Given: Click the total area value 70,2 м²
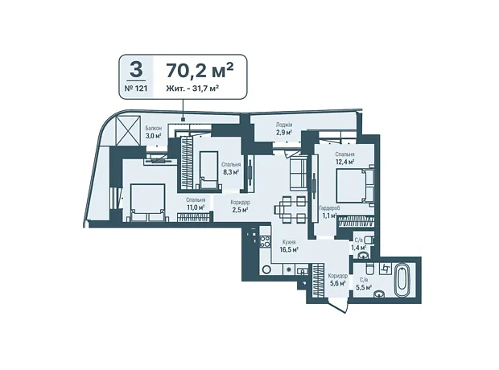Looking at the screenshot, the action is coord(200,70).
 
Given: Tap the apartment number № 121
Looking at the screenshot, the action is coord(136,88).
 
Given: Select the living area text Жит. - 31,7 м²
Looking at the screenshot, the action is coord(192,88).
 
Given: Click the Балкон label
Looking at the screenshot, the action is coord(154,128).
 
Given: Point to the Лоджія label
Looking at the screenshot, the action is coord(284,125).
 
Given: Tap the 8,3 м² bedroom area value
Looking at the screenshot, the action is coord(231,172).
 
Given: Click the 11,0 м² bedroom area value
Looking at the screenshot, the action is coord(196,208).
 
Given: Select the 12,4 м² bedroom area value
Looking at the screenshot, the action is coord(344,162).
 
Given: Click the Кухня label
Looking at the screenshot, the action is coord(289,242).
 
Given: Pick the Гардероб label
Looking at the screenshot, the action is coord(329,208).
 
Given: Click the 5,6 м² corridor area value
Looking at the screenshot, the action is coord(338,283).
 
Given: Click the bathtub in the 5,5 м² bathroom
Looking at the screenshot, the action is coord(402,280).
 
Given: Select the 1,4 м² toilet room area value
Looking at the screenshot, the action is coord(358,247).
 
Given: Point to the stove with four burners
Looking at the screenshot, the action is coord(265,241).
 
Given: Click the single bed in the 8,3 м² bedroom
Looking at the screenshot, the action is coord(208,171).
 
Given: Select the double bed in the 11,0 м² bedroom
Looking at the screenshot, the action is coord(148,203).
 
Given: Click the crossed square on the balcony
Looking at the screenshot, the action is coord(129,131).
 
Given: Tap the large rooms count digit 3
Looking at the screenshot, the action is coord(136,70).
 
